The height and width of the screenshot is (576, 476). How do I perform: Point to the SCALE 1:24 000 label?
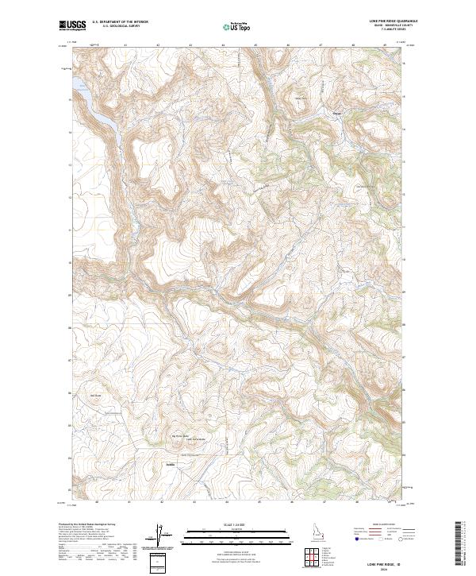pos(238,522)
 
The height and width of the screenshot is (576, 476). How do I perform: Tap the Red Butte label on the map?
pos(96,395)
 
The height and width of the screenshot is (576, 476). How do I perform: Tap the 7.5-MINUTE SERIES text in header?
pos(390,30)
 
